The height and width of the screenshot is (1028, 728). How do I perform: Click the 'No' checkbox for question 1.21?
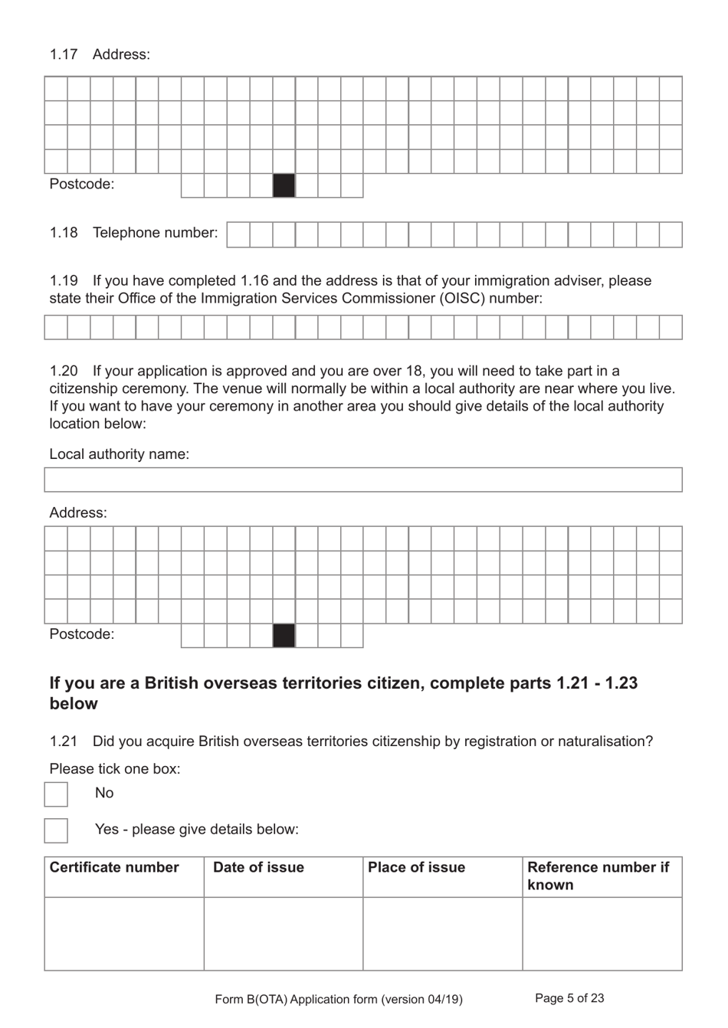tap(56, 794)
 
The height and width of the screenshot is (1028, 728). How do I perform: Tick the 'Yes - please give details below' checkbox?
tap(56, 830)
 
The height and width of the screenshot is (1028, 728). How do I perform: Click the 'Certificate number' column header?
tap(114, 868)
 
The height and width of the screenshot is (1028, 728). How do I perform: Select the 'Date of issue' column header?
tap(258, 868)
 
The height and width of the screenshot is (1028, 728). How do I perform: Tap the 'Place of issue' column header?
tap(416, 868)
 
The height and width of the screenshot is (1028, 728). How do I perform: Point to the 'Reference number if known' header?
tap(598, 876)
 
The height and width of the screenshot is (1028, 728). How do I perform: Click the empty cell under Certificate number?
tap(124, 934)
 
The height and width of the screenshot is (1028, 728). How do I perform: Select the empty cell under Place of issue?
tap(442, 934)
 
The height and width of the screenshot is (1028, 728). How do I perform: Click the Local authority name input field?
tap(363, 480)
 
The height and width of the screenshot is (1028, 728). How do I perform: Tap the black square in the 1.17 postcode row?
tap(284, 185)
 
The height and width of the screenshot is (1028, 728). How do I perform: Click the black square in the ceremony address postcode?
tap(284, 636)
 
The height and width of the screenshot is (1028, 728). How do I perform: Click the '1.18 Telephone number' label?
tap(133, 233)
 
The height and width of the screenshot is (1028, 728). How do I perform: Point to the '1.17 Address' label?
tap(100, 54)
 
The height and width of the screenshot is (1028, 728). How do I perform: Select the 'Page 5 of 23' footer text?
tap(569, 998)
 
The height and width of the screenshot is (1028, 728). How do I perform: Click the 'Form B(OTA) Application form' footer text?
tap(339, 999)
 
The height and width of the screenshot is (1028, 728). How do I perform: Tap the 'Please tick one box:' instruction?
tap(115, 768)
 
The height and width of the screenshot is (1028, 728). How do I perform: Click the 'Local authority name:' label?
tap(119, 454)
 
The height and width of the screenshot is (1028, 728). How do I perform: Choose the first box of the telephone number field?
tap(238, 235)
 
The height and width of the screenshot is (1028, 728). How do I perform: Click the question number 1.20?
tap(64, 372)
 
